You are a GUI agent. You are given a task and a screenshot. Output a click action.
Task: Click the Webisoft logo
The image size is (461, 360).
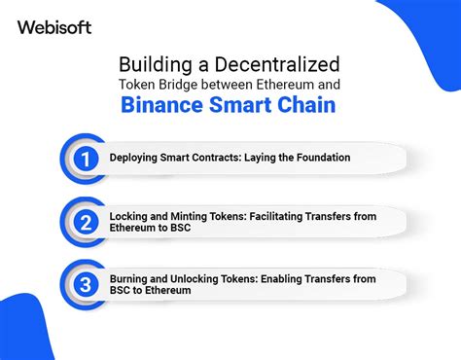[54, 27]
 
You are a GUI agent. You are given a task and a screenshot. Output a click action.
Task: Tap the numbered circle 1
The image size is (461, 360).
[87, 158]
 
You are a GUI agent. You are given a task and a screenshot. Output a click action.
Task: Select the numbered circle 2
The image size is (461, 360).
[87, 222]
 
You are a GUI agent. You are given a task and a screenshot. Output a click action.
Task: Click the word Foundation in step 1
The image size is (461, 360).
[316, 158]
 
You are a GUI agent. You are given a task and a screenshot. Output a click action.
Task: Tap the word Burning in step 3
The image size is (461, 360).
[130, 279]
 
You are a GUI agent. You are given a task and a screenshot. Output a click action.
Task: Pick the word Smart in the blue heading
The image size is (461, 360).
[236, 104]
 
